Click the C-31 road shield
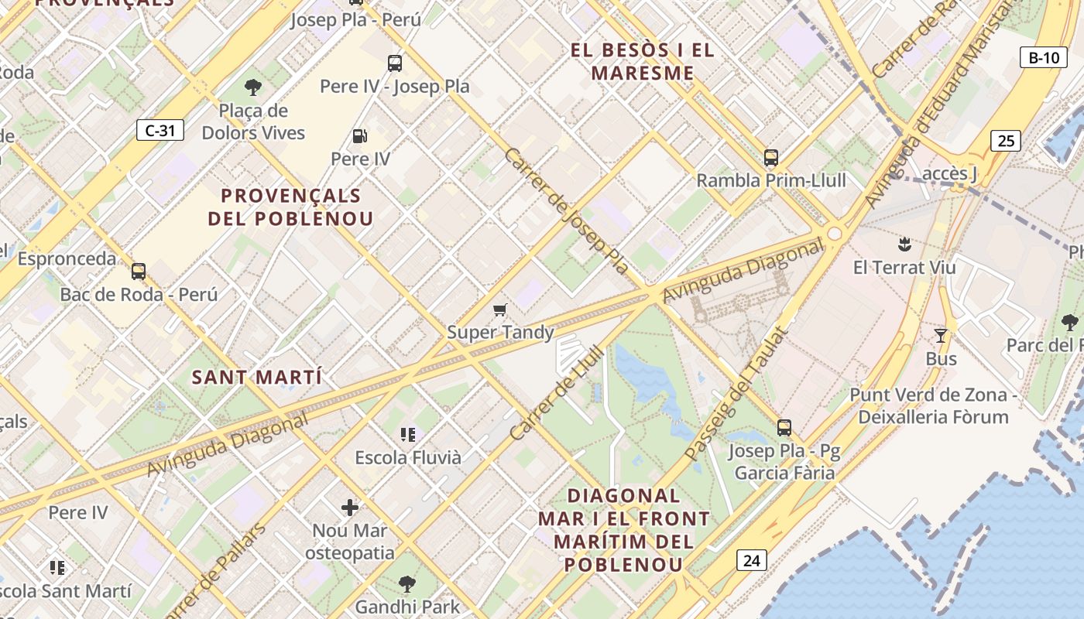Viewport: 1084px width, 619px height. pyautogui.click(x=160, y=130)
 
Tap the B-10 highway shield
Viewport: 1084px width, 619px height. pyautogui.click(x=1043, y=57)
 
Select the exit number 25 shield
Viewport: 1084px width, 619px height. pyautogui.click(x=1006, y=141)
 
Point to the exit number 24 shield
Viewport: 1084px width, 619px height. pyautogui.click(x=751, y=560)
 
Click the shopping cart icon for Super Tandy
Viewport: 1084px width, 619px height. pyautogui.click(x=500, y=310)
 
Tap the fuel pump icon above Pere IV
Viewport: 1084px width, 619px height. pyautogui.click(x=360, y=136)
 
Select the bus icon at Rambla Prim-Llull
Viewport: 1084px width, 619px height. pyautogui.click(x=770, y=158)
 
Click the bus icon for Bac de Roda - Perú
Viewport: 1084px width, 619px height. pyautogui.click(x=139, y=272)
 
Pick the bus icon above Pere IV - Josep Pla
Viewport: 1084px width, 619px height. pyautogui.click(x=395, y=63)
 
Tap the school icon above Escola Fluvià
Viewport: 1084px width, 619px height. pyautogui.click(x=407, y=435)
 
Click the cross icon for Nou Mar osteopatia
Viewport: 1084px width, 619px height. pyautogui.click(x=350, y=508)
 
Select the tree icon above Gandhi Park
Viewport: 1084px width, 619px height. pyautogui.click(x=407, y=584)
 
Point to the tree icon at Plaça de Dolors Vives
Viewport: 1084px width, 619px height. pyautogui.click(x=252, y=87)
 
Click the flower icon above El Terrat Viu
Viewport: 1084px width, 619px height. pyautogui.click(x=904, y=245)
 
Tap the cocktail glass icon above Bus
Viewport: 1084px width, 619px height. pyautogui.click(x=941, y=336)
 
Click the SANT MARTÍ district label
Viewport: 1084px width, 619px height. pyautogui.click(x=256, y=378)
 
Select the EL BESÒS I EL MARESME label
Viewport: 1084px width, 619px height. pyautogui.click(x=642, y=62)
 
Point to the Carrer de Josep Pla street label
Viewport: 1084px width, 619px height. pyautogui.click(x=566, y=210)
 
